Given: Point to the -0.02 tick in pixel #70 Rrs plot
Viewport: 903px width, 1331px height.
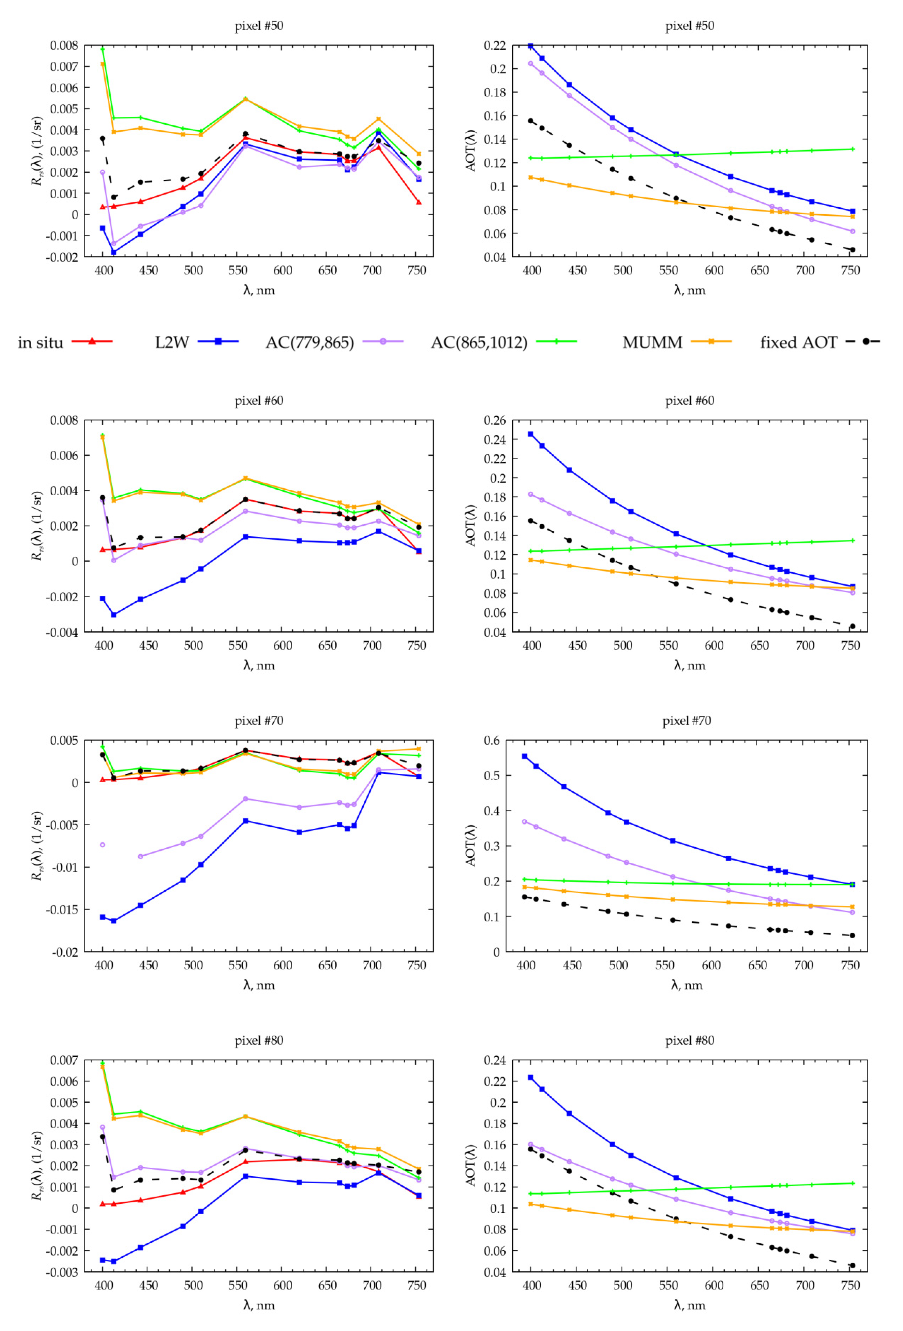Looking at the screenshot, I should [65, 952].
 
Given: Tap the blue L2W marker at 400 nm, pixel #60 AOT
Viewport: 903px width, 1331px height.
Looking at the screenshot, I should [531, 434].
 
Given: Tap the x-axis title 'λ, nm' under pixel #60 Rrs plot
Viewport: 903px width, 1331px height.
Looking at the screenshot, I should [259, 666].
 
